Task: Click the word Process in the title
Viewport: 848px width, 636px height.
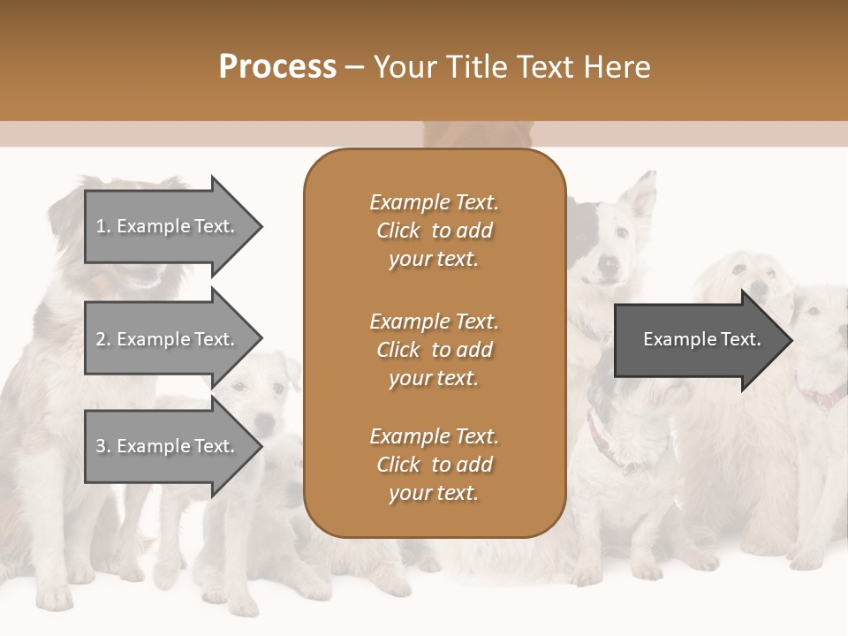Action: point(277,67)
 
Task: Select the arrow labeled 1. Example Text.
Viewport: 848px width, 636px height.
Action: point(168,226)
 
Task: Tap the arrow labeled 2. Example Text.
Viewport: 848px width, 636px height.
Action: point(168,339)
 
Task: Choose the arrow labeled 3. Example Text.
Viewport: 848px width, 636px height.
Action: point(168,446)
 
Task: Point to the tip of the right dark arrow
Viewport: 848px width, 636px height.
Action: point(791,339)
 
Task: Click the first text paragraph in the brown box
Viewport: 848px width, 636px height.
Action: point(434,231)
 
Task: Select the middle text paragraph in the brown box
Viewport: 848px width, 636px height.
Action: point(434,350)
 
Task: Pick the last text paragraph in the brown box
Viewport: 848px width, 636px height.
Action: point(434,465)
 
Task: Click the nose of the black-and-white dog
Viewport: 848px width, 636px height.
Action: point(608,262)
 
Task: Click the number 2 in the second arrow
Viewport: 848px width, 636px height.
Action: point(101,339)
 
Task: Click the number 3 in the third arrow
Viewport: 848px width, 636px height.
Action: point(101,446)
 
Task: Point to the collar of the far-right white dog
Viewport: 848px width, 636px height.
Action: point(821,397)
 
